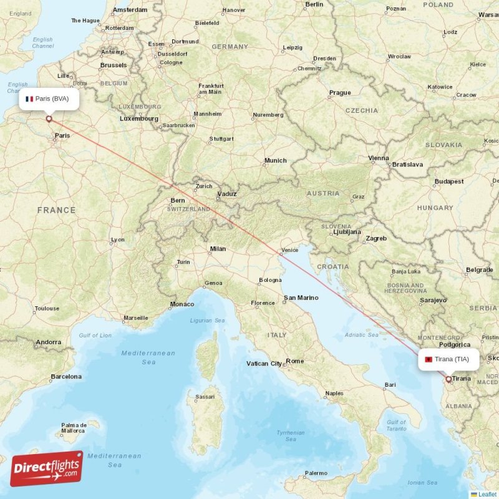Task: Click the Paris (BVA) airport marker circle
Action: [49, 119]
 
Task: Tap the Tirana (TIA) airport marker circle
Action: [448, 379]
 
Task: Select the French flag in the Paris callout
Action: [29, 99]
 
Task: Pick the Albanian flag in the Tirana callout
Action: [429, 359]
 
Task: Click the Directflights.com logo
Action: [47, 468]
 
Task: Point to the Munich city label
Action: [275, 161]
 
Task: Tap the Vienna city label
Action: [379, 158]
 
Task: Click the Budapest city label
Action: [449, 182]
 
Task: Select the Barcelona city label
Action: [65, 377]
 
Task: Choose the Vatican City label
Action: [264, 364]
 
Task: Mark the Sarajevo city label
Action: [433, 300]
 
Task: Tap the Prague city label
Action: [340, 93]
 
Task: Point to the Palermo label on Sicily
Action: [316, 473]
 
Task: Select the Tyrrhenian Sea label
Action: [291, 436]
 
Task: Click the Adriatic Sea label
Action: [362, 335]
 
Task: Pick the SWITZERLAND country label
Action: [188, 209]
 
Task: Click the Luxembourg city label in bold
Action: [138, 119]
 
